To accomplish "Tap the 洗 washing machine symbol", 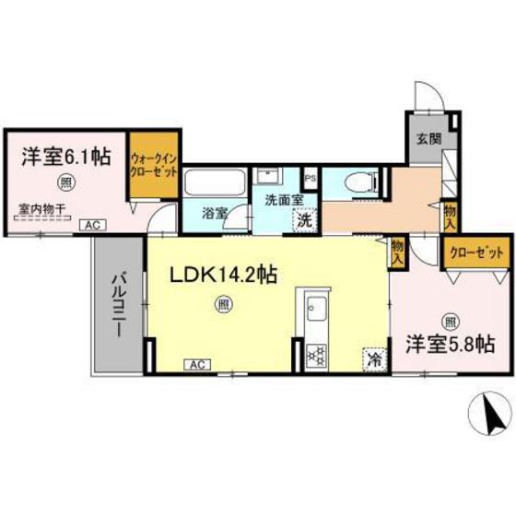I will coord(302,221).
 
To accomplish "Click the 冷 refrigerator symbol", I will coord(376,358).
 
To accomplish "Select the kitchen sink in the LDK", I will coord(311,308).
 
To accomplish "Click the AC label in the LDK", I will coord(196,364).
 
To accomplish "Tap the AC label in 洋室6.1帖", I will coord(91,224).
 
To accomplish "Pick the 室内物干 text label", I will coord(41,208).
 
